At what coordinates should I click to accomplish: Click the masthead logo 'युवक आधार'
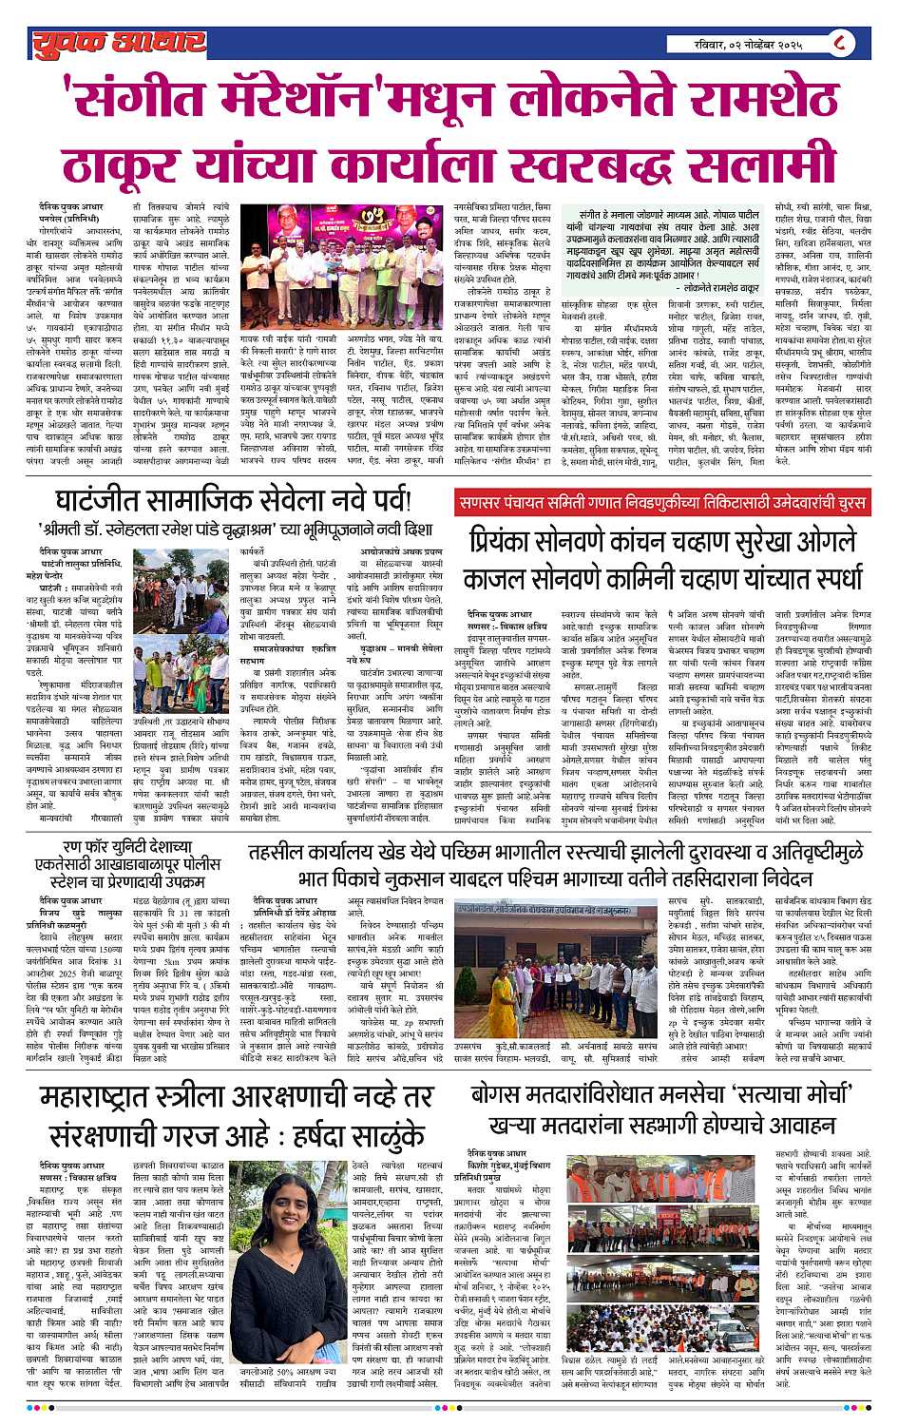119,43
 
